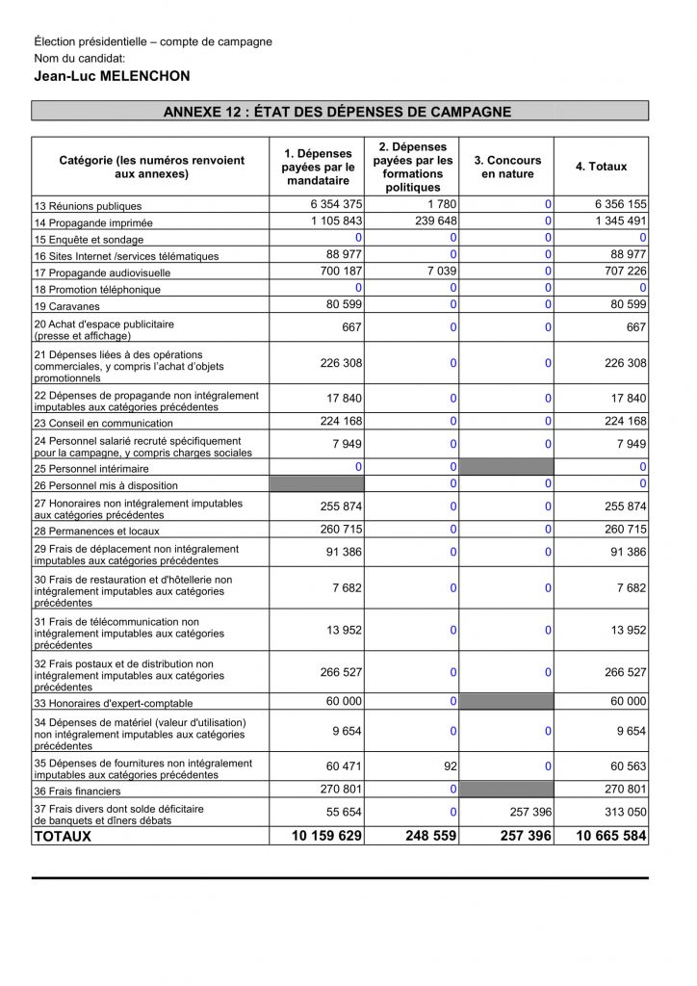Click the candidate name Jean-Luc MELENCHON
(x=111, y=76)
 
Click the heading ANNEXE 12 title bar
(x=340, y=113)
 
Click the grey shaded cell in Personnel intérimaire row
(x=508, y=467)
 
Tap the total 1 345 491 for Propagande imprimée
(x=618, y=221)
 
